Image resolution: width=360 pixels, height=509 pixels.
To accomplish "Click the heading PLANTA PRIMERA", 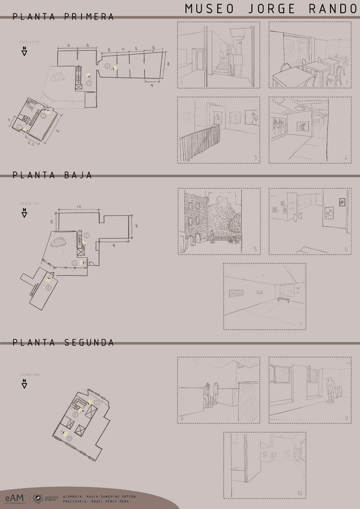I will click(x=63, y=17).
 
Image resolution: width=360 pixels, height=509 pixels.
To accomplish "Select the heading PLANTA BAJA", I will click(x=52, y=175).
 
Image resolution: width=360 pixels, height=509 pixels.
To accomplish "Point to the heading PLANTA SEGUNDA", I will click(x=63, y=343).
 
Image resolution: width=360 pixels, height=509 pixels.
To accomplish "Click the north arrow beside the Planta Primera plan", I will click(x=25, y=52).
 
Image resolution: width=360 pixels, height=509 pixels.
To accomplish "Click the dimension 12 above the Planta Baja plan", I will click(x=79, y=206).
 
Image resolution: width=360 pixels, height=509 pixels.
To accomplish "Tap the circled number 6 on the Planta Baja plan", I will click(x=48, y=287).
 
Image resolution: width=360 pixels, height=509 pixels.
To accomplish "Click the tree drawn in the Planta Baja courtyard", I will click(x=59, y=242).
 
